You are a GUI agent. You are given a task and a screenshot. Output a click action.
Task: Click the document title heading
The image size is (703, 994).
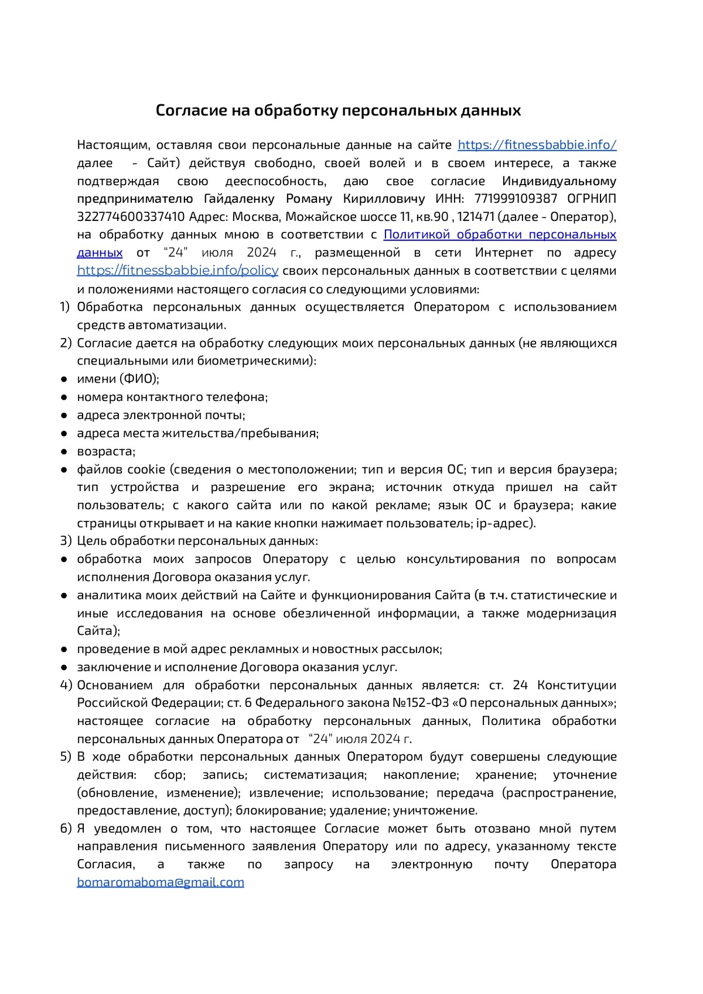[x=338, y=110]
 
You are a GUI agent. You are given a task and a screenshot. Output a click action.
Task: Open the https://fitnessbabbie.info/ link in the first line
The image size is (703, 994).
[x=537, y=145]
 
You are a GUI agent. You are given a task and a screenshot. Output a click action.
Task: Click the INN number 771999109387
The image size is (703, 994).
[x=516, y=199]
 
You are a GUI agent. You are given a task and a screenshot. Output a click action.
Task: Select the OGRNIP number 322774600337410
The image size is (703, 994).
[x=131, y=217]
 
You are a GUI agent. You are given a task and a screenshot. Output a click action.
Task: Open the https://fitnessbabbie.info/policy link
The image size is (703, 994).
[x=178, y=271]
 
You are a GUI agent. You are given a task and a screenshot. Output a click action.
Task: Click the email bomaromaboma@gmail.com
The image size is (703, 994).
[x=161, y=882]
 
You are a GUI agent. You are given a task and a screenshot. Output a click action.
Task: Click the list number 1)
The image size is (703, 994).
[x=65, y=307]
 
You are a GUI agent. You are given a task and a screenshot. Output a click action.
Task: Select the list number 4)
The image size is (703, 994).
[x=66, y=685]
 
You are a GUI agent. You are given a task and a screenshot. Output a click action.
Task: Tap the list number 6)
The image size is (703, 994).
[x=66, y=829]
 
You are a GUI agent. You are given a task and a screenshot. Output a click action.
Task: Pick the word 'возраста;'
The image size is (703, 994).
[x=106, y=452]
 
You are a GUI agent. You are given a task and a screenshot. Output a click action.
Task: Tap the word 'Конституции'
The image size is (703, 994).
[x=576, y=685]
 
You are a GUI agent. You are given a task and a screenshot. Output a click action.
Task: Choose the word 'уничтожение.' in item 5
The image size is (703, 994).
[x=435, y=811]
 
